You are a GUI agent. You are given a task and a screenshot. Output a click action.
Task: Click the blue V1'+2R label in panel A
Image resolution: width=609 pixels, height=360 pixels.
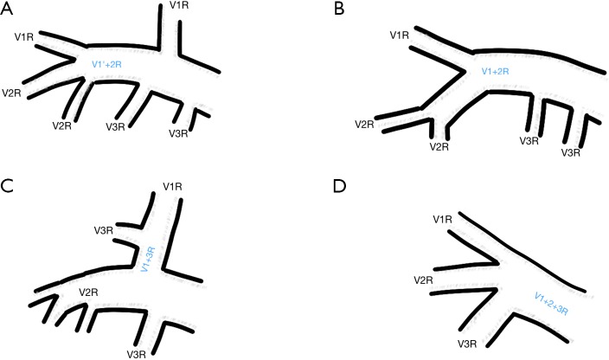[x=108, y=64]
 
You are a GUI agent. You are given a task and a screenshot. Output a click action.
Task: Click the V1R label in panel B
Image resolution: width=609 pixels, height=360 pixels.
[x=400, y=35]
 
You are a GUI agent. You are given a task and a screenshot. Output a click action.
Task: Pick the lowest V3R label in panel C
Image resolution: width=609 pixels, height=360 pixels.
[x=136, y=353]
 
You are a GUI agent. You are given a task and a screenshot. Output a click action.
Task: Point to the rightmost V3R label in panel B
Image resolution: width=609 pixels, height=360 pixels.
[x=571, y=152]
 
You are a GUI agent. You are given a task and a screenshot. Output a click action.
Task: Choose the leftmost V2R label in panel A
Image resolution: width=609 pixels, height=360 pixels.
[x=13, y=93]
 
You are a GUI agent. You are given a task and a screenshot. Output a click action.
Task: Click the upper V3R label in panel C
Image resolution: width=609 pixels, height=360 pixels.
[x=104, y=230]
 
